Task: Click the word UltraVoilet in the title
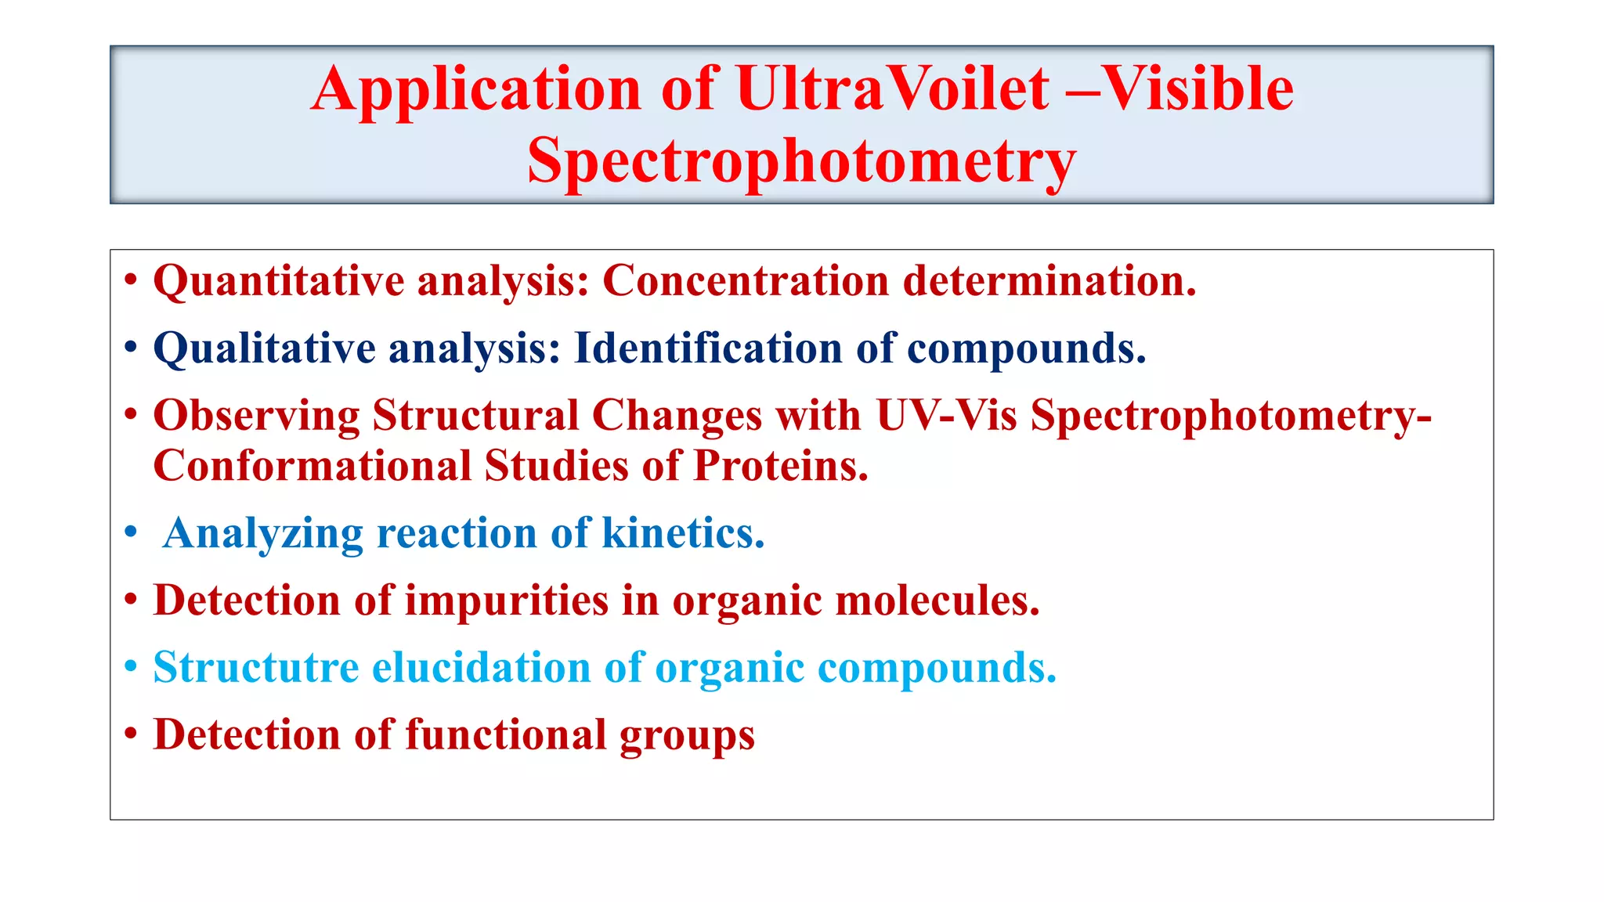[x=892, y=88]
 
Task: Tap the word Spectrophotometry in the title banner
[x=801, y=161]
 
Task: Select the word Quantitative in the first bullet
[x=278, y=281]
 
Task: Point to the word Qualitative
[x=264, y=348]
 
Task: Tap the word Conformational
[x=311, y=466]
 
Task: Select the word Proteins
[x=781, y=466]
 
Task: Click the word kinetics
[x=682, y=533]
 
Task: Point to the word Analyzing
[x=263, y=534]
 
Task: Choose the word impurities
[x=506, y=601]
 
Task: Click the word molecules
[x=937, y=601]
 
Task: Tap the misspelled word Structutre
[x=256, y=668]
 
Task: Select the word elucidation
[x=480, y=668]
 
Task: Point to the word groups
[x=687, y=737]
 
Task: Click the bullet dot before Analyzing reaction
[x=131, y=533]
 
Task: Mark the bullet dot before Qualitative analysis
[x=131, y=348]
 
